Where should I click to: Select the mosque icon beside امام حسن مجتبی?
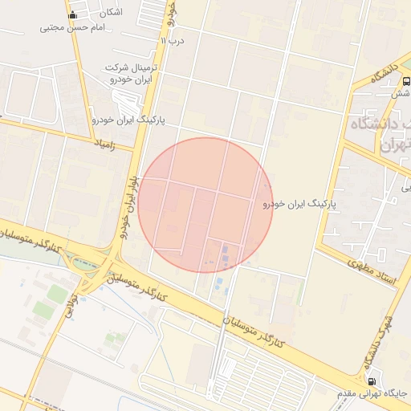(73, 14)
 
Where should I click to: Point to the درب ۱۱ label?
(173, 40)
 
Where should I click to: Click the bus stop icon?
(406, 81)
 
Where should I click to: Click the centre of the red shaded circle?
(205, 205)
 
